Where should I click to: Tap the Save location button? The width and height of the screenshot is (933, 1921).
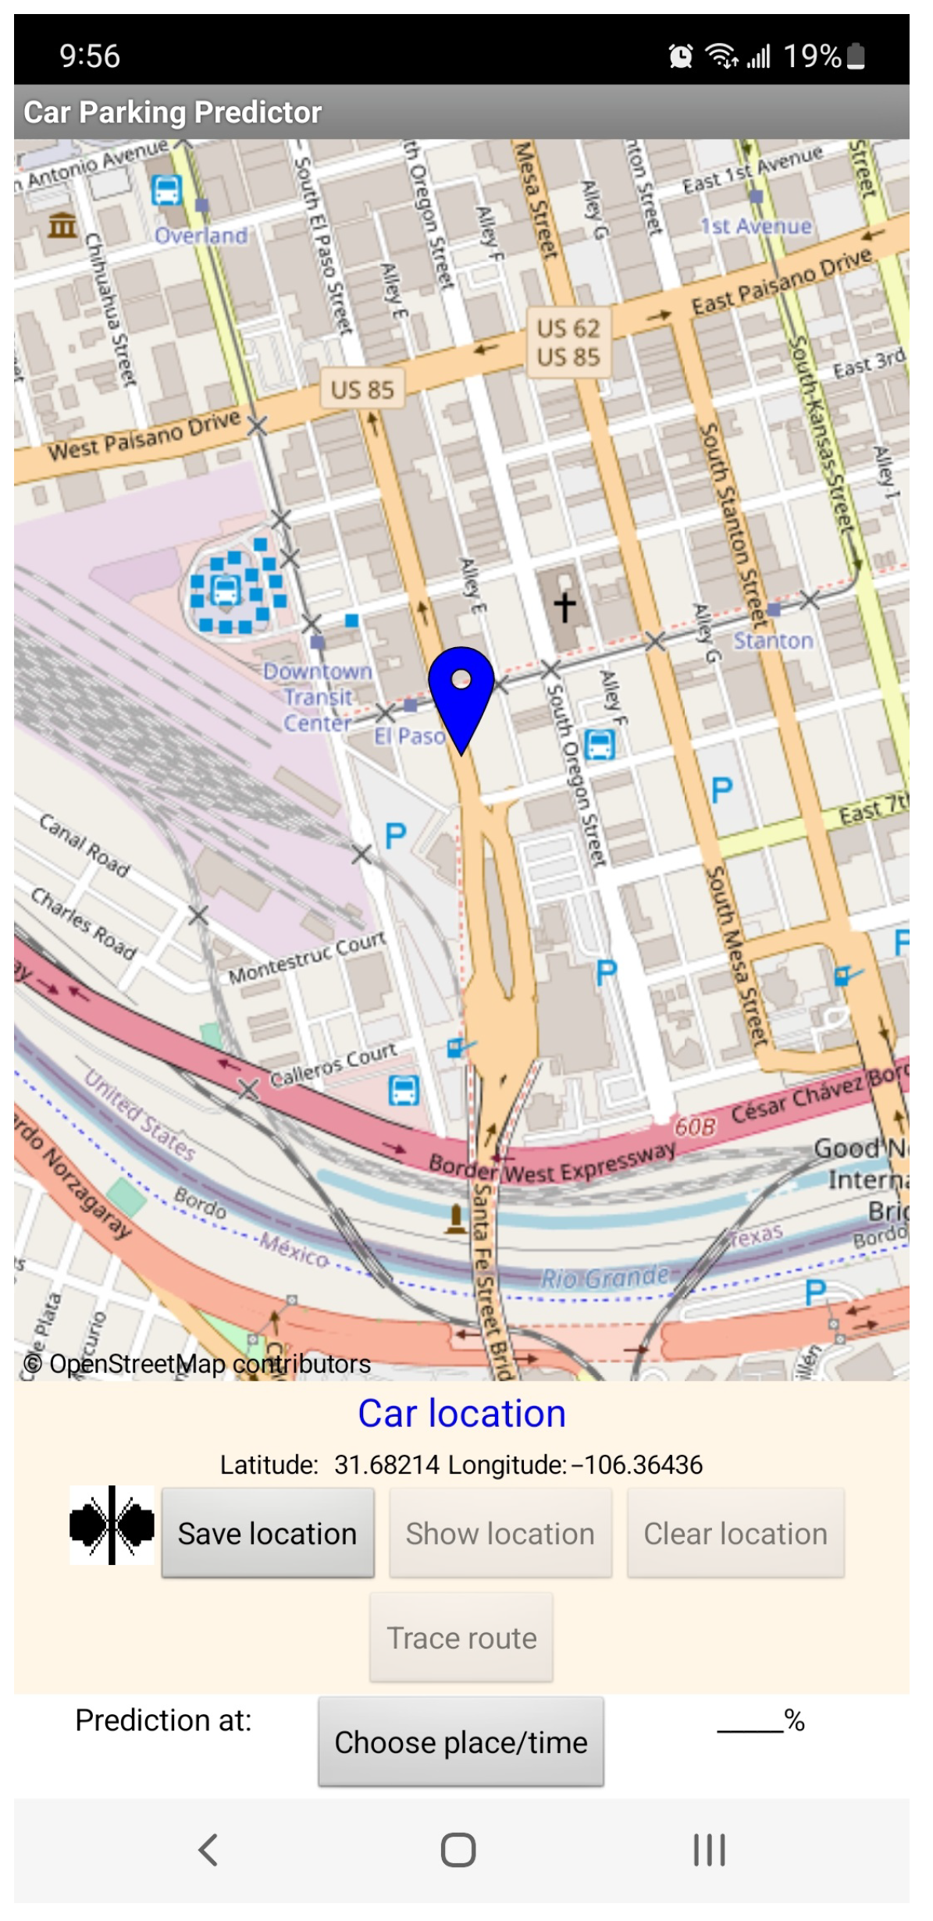pos(267,1534)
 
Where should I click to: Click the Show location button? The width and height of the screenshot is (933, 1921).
pos(500,1534)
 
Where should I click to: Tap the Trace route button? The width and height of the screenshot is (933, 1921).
pos(461,1638)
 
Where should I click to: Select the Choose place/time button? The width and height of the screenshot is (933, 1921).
pos(461,1742)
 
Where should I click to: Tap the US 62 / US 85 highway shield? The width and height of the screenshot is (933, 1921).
pos(568,343)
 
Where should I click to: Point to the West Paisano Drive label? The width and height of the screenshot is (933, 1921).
pos(144,436)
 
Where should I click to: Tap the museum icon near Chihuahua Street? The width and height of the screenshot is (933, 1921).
pos(62,226)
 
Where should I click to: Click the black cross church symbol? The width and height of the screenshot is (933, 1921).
pos(564,606)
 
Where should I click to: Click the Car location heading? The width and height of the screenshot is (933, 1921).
pos(461,1414)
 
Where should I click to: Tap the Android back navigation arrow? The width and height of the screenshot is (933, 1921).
pos(208,1850)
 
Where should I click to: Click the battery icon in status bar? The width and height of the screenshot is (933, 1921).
pos(856,56)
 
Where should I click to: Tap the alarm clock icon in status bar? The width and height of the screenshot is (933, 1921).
pos(681,56)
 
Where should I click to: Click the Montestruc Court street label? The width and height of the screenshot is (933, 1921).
pos(307,959)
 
